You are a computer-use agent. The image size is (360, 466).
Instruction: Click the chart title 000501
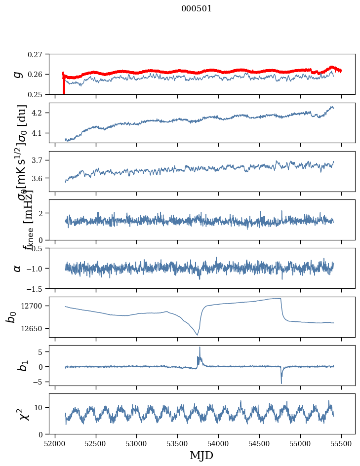pyautogui.click(x=197, y=8)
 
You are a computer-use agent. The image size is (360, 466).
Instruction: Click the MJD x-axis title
pyautogui.click(x=202, y=455)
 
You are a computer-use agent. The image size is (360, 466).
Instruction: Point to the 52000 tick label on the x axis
pyautogui.click(x=54, y=443)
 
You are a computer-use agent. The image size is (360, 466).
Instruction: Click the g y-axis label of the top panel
pyautogui.click(x=18, y=74)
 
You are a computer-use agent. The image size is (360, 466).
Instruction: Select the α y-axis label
pyautogui.click(x=18, y=268)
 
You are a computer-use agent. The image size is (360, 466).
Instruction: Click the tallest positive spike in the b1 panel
pyautogui.click(x=200, y=347)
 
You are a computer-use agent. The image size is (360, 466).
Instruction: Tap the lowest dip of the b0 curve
pyautogui.click(x=197, y=335)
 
